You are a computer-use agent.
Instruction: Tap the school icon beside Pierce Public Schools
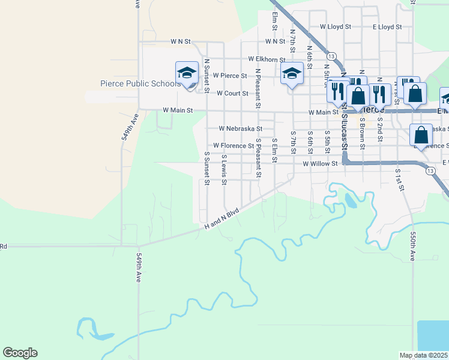(x=187, y=74)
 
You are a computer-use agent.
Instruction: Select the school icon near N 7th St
(x=292, y=74)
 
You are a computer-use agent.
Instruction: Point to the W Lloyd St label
(x=339, y=27)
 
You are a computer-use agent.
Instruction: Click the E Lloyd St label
(x=387, y=27)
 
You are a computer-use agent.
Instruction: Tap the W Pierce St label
(x=226, y=76)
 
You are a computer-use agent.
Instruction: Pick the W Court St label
(x=232, y=94)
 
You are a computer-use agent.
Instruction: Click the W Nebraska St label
(x=240, y=128)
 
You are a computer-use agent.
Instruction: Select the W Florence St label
(x=234, y=146)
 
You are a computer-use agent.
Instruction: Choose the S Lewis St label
(x=224, y=169)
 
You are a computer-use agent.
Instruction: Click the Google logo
(x=20, y=353)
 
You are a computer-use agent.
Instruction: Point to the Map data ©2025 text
(x=423, y=355)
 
